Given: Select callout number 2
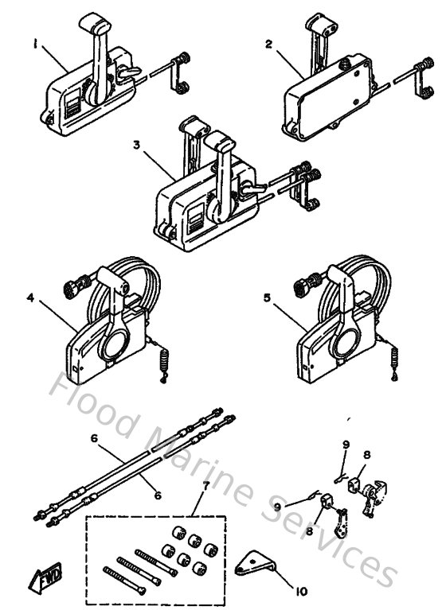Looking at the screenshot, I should tap(269, 45).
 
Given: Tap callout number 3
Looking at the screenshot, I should tap(137, 146).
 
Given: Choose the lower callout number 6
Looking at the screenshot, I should tap(157, 495).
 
